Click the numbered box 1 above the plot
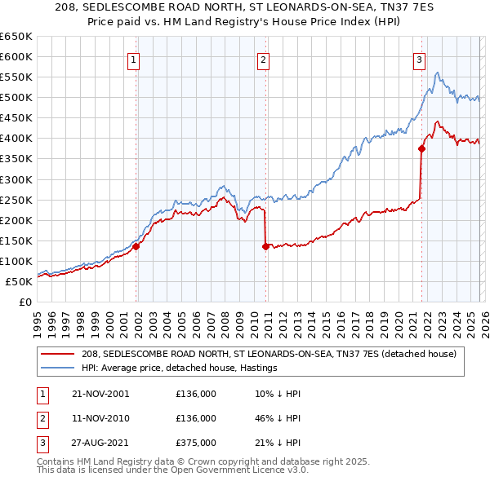point(133,59)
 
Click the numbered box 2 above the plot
point(264,59)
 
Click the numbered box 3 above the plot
point(418,59)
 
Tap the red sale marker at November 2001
point(136,246)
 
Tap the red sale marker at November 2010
point(266,246)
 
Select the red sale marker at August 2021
point(422,148)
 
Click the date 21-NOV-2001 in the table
point(100,394)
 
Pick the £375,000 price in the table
point(196,443)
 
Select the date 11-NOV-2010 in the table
point(100,418)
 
